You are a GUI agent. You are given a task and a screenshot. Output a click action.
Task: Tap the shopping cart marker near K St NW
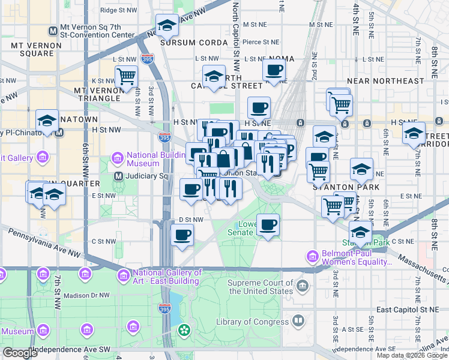pos(127,77)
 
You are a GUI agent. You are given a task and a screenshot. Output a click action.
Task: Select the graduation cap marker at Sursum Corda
pos(167,25)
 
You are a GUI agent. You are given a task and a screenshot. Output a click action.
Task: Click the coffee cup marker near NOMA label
pos(274,70)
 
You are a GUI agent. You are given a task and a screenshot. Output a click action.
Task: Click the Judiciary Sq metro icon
pos(118,176)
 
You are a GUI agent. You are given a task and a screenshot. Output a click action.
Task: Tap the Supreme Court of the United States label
pos(260,287)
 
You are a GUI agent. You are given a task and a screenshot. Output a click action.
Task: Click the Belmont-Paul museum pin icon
pos(312,256)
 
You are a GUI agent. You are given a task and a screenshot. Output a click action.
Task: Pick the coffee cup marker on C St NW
pos(182,235)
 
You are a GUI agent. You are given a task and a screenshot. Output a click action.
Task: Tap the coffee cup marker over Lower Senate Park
pos(268,224)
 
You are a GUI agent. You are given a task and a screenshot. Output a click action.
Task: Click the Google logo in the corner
pos(20,353)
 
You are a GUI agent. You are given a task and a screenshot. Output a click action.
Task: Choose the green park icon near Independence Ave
pos(183,331)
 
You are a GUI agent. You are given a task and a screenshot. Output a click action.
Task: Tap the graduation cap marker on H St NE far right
pos(414,133)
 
